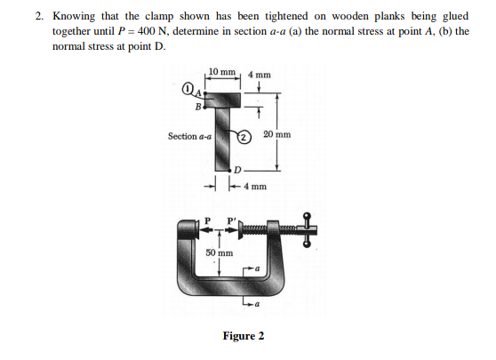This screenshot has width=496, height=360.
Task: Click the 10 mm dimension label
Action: [x=221, y=71]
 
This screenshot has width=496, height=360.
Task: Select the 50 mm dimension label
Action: [x=220, y=252]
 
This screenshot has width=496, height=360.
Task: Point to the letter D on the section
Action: [x=237, y=169]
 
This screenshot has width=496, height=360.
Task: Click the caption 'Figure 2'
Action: [x=243, y=336]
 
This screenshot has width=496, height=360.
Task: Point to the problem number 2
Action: [x=39, y=16]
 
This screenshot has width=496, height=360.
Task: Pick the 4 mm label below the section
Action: [x=254, y=188]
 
